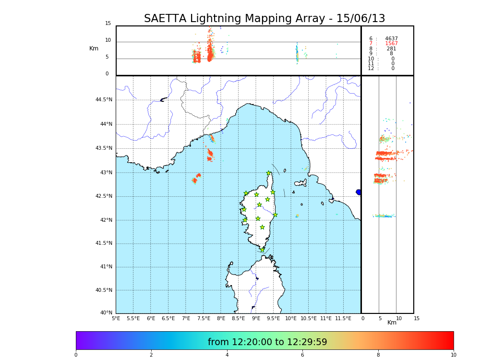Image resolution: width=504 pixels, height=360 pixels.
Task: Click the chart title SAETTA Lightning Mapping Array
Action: click(264, 19)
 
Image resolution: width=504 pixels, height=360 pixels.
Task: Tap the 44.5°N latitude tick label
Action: click(103, 100)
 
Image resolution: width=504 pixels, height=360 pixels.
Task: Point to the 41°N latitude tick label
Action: click(105, 267)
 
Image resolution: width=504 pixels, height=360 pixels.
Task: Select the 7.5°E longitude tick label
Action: click(204, 319)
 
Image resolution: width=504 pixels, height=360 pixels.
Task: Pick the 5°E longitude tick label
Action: click(116, 319)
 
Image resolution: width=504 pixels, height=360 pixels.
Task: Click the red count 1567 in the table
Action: click(391, 44)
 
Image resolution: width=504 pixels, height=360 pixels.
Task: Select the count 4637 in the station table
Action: click(391, 39)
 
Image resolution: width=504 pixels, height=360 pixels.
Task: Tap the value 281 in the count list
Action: click(391, 49)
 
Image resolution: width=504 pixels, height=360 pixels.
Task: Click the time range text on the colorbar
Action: click(267, 342)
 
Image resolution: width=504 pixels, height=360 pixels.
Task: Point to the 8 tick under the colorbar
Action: click(378, 355)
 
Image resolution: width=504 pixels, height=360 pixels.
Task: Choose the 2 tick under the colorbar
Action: click(151, 355)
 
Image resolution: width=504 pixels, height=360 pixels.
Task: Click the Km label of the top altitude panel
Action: click(94, 48)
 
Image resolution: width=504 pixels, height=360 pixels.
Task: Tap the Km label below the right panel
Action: click(392, 323)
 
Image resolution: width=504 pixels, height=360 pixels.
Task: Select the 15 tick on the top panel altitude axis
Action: click(108, 24)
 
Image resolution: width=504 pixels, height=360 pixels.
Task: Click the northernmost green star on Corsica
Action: click(269, 173)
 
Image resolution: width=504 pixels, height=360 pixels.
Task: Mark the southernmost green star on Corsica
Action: click(262, 250)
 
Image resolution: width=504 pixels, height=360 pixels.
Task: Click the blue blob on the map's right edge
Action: click(359, 192)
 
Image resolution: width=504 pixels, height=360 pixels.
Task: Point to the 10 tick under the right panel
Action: click(399, 319)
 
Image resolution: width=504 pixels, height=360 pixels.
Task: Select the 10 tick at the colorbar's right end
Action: click(453, 355)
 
